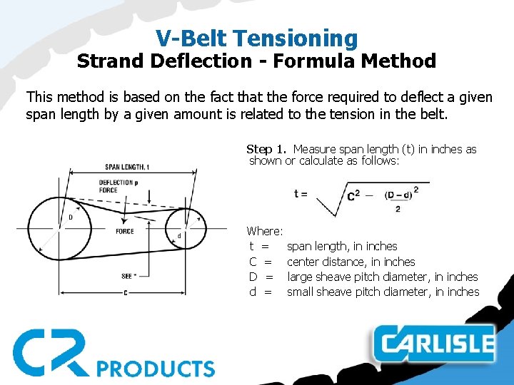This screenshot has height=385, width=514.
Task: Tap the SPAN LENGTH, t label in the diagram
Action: [127, 167]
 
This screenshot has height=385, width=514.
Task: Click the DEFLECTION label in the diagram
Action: [116, 182]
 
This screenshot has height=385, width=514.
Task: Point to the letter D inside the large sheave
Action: [70, 217]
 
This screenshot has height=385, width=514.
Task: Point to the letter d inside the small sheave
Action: [178, 236]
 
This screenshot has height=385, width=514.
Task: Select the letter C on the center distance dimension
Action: [126, 293]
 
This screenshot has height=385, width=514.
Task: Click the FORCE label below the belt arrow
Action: [124, 231]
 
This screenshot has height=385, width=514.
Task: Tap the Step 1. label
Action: [267, 149]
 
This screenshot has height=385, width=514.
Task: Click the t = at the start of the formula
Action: [301, 193]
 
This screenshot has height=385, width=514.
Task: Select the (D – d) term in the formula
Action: [397, 195]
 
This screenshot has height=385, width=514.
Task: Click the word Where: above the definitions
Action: [265, 231]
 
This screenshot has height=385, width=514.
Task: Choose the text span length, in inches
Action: [342, 246]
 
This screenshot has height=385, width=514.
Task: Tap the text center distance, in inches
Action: [351, 262]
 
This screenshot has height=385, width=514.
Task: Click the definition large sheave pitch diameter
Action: [382, 277]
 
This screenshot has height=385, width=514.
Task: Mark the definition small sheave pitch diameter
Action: [383, 292]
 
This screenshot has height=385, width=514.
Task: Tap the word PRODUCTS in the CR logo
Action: [155, 369]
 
